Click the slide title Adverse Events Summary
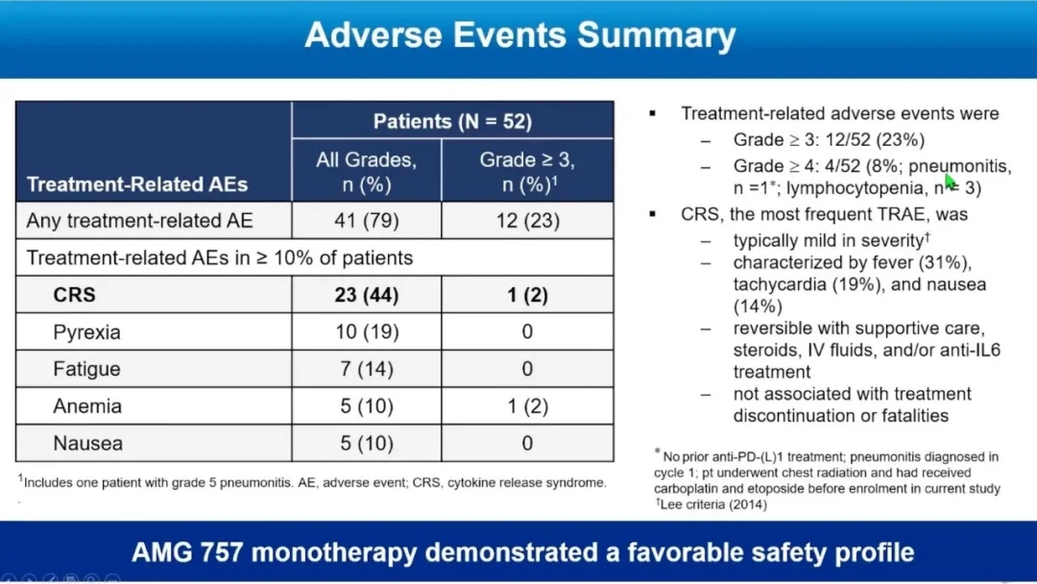click(x=519, y=36)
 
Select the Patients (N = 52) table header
click(x=452, y=122)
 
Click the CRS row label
click(x=74, y=295)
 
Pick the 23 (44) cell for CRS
click(x=367, y=295)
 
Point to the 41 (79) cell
click(x=367, y=221)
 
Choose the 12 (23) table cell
click(x=527, y=221)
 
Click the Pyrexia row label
click(x=86, y=332)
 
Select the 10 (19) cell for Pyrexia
click(x=367, y=332)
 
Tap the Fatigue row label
click(x=86, y=369)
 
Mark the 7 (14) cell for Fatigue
click(x=367, y=369)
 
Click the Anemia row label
click(x=87, y=406)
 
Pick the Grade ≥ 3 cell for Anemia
click(x=527, y=406)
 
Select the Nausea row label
click(x=86, y=444)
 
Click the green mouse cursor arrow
click(x=951, y=181)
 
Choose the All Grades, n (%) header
click(x=367, y=171)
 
